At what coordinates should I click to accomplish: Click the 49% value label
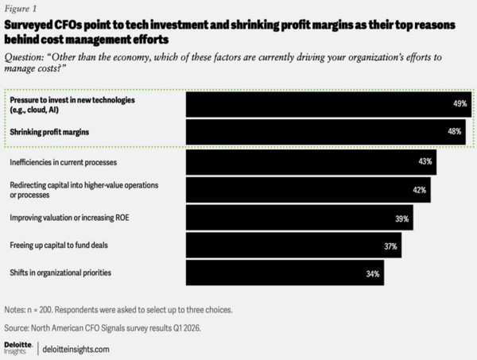pyautogui.click(x=459, y=104)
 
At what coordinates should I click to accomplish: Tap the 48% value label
pyautogui.click(x=454, y=132)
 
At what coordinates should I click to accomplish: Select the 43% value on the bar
pyautogui.click(x=426, y=161)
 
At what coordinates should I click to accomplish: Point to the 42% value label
pyautogui.click(x=419, y=190)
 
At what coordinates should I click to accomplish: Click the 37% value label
pyautogui.click(x=390, y=246)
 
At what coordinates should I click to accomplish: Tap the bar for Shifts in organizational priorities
pyautogui.click(x=278, y=274)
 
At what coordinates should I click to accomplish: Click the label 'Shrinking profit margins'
pyautogui.click(x=49, y=132)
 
